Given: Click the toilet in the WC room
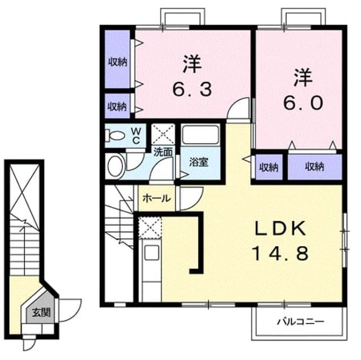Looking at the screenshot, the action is pos(115,136).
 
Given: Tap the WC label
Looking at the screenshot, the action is pos(136,136).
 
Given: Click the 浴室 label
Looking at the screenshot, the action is pos(199,162).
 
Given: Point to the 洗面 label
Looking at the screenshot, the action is pos(163,152).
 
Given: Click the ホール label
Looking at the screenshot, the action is pos(157,198).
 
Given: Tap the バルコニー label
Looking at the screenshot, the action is pos(301,321).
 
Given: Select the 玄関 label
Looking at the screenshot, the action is pos(41,313).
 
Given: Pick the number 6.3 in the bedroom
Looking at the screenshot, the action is pos(192,90).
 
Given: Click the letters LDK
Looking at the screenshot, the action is pos(280,228).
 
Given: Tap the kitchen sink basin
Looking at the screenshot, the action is pos(152,252).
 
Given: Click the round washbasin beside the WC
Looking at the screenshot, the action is pos(116,166).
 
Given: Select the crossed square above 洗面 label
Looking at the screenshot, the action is pos(163,134).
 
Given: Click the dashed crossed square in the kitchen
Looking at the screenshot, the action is pos(150,228).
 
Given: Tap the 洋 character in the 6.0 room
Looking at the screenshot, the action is pos(303,78).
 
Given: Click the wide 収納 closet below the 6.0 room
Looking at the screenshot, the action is pos(315,167).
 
